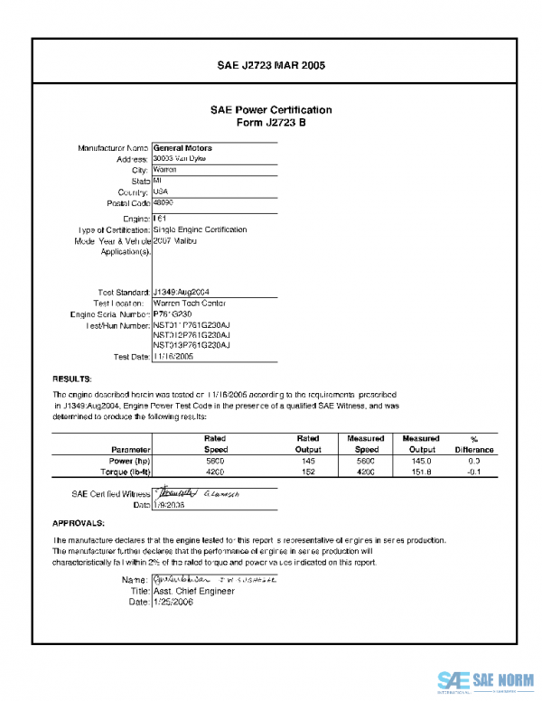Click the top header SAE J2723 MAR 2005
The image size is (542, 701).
point(271,66)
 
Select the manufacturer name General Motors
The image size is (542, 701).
point(182,147)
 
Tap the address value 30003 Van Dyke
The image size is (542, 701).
point(179,158)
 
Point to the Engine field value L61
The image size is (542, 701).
point(159,219)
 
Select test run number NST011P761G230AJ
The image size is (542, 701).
point(192,324)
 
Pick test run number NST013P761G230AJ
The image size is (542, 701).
point(192,345)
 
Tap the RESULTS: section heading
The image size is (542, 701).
point(70,379)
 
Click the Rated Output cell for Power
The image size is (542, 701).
point(307,461)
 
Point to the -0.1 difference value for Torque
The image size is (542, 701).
point(473,472)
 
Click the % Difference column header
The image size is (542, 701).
point(473,444)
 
